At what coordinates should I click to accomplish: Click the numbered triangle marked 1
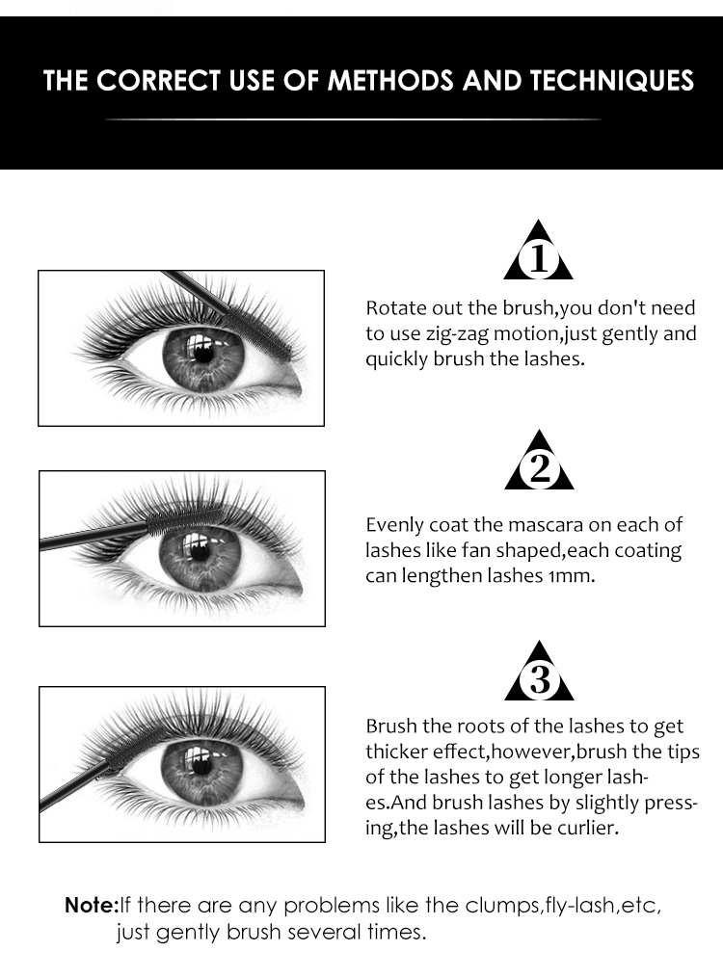[x=538, y=251]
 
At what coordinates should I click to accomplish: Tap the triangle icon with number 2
[x=539, y=462]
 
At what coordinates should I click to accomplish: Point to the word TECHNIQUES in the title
[x=612, y=81]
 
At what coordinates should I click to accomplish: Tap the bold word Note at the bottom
[x=91, y=905]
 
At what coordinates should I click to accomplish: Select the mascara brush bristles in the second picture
[x=185, y=519]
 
